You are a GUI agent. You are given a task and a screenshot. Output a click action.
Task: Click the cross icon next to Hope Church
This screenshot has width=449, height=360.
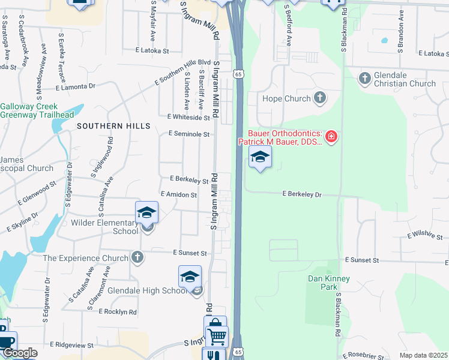pos(320,98)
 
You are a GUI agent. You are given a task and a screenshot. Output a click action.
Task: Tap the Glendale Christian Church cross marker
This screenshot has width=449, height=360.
pos(364,78)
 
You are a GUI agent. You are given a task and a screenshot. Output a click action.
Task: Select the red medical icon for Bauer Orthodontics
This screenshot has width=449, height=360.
pos(331,137)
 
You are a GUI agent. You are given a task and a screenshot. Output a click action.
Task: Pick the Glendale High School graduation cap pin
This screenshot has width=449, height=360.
pos(190,277)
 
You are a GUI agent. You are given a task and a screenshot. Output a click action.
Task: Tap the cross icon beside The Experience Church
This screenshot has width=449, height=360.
pos(137,258)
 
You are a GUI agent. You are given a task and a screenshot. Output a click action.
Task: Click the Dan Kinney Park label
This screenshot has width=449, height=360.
pos(328,283)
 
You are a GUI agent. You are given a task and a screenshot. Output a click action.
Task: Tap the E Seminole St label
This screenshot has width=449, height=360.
pos(189,134)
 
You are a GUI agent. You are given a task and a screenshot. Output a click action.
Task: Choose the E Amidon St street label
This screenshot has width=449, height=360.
pos(179,195)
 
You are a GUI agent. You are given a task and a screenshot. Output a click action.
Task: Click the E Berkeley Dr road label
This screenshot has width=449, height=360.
pos(303,194)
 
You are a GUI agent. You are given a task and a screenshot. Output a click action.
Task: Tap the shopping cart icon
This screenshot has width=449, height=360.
pos(216,335)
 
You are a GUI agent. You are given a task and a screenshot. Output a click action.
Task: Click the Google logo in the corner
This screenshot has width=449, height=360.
pos(19,353)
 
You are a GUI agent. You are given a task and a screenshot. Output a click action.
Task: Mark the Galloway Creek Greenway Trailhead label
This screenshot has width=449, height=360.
pos(37,110)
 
